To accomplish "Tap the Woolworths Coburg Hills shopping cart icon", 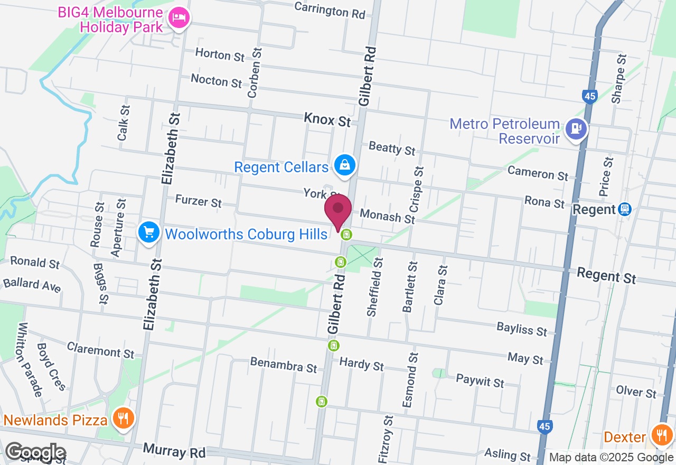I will pyautogui.click(x=149, y=232).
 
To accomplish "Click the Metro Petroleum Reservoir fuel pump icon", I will pyautogui.click(x=576, y=129).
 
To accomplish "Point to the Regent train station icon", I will pyautogui.click(x=625, y=209).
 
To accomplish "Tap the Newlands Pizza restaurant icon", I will pyautogui.click(x=123, y=419).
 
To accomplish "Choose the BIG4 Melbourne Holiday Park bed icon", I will pyautogui.click(x=179, y=18).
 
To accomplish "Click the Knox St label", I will pyautogui.click(x=327, y=120).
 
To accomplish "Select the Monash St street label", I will pyautogui.click(x=388, y=216).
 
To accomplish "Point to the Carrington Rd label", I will pyautogui.click(x=330, y=10).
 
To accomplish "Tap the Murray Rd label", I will pyautogui.click(x=174, y=451).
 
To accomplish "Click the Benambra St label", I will pyautogui.click(x=284, y=365).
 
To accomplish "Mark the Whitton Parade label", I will pyautogui.click(x=30, y=360).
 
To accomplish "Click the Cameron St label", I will pyautogui.click(x=538, y=173).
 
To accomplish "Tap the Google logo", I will pyautogui.click(x=35, y=452).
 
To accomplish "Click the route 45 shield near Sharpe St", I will pyautogui.click(x=590, y=96).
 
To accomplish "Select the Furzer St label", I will pyautogui.click(x=199, y=201).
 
